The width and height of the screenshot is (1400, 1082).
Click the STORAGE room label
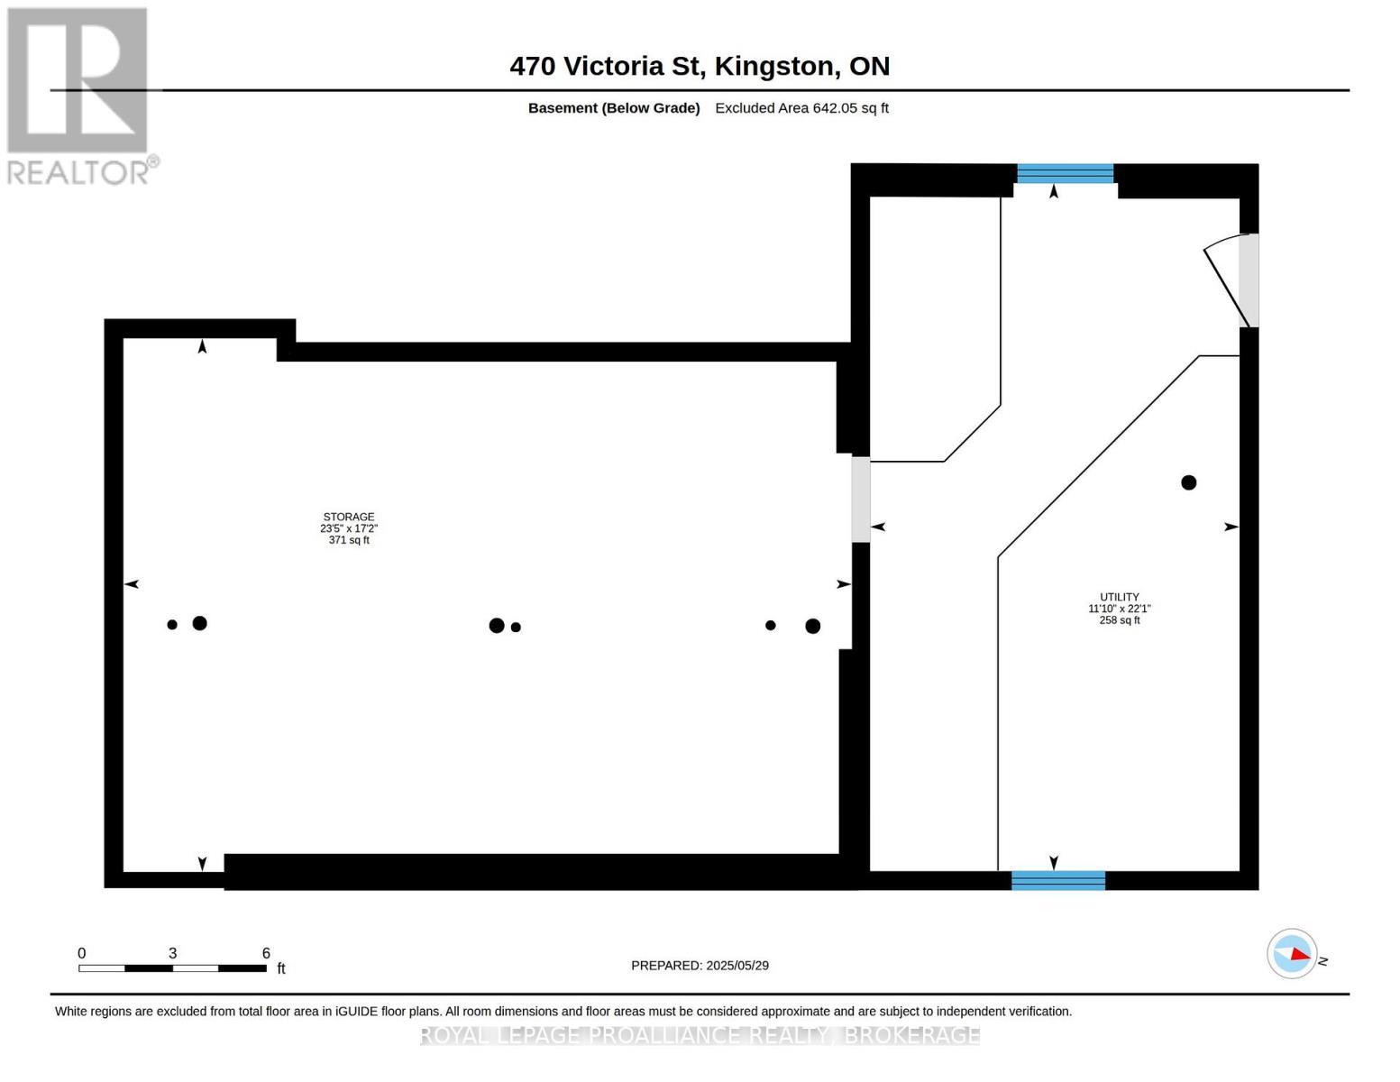tap(349, 517)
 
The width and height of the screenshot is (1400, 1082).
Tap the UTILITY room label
tap(1119, 598)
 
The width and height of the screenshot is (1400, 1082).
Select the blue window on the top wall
tap(1065, 174)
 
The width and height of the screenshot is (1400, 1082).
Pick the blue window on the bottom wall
tap(1058, 880)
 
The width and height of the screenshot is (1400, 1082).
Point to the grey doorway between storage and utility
tap(861, 500)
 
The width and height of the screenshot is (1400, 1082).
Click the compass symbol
tap(1292, 954)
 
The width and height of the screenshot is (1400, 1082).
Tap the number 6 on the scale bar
tap(266, 953)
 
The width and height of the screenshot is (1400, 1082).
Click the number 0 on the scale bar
tap(82, 953)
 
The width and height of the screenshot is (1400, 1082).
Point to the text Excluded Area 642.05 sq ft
tap(801, 108)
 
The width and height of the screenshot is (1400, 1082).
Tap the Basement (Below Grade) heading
tap(614, 108)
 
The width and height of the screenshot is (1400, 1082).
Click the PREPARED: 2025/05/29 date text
tap(700, 966)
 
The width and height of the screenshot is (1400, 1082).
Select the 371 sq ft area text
tap(349, 540)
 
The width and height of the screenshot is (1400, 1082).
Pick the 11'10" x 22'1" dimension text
tap(1119, 609)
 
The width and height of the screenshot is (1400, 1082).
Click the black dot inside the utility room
tap(1189, 482)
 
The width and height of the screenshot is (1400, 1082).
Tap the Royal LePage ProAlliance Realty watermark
tap(700, 1035)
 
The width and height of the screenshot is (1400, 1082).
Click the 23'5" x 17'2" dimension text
tap(349, 528)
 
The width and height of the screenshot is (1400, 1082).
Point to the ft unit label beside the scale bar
tap(281, 967)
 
